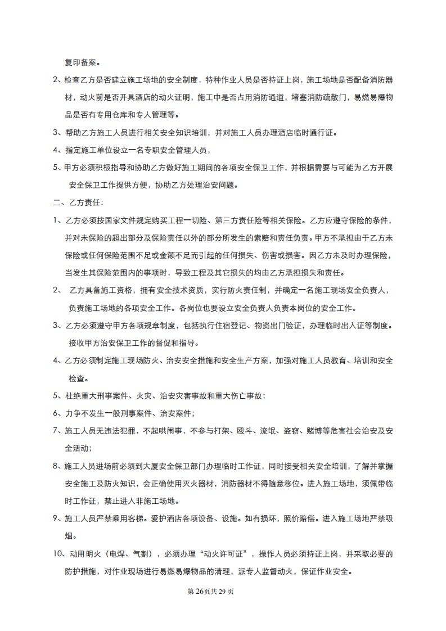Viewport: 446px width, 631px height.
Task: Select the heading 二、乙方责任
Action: tap(74, 202)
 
